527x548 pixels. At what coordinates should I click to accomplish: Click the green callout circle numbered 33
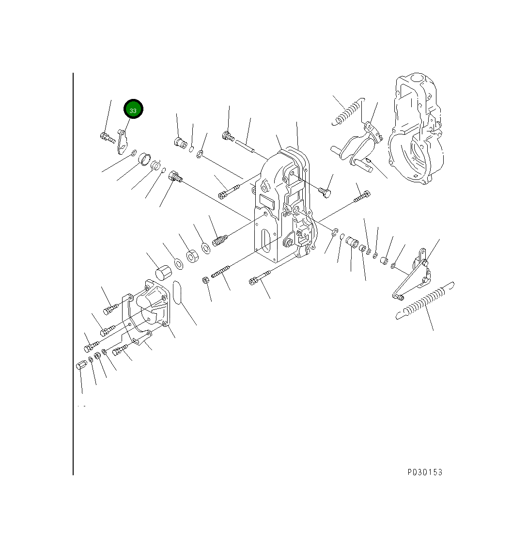pos(133,109)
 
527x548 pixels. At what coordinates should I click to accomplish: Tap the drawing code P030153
pos(425,472)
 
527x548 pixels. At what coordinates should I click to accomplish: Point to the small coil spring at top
pos(347,112)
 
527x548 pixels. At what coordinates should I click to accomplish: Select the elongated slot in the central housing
pos(266,241)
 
